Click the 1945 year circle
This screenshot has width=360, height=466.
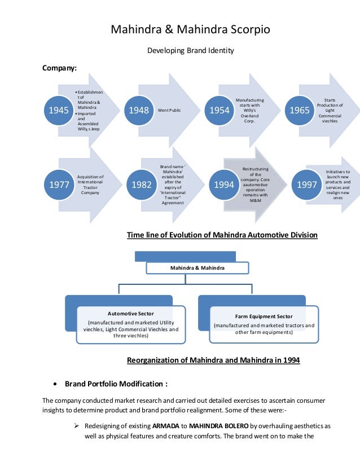pyautogui.click(x=58, y=110)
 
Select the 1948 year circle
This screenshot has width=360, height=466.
pyautogui.click(x=139, y=110)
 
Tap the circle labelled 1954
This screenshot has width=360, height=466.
pyautogui.click(x=219, y=110)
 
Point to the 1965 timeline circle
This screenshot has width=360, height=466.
pyautogui.click(x=300, y=110)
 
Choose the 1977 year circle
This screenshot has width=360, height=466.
pyautogui.click(x=58, y=184)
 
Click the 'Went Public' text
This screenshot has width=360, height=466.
pyautogui.click(x=169, y=110)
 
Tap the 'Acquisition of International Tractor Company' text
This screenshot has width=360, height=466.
pyautogui.click(x=90, y=184)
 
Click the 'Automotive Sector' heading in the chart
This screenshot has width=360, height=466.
pyautogui.click(x=130, y=313)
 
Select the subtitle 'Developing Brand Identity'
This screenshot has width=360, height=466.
pyautogui.click(x=190, y=51)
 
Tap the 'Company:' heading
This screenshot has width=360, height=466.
pyautogui.click(x=60, y=69)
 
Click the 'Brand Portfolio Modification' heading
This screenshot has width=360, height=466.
pyautogui.click(x=116, y=384)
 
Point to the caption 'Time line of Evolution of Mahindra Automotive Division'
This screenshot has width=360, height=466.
pyautogui.click(x=222, y=234)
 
